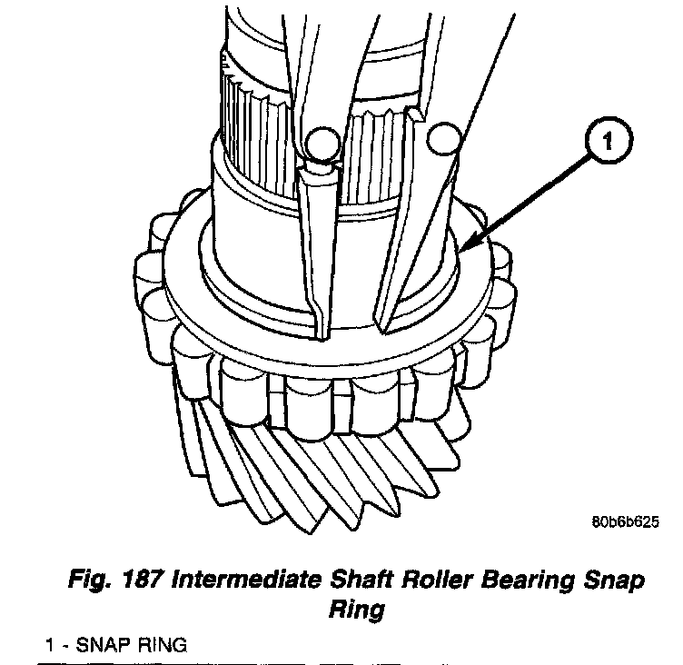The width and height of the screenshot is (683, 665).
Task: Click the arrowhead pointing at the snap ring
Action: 465,247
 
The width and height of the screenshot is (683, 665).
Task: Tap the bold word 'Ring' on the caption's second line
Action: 355,609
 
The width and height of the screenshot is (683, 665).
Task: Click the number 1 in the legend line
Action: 52,646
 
